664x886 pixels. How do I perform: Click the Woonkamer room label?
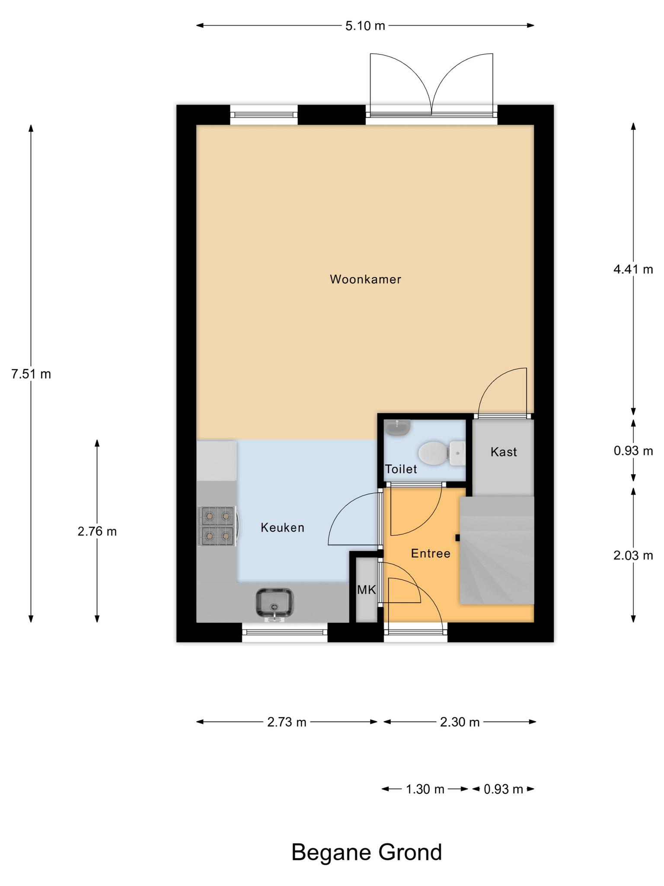tap(365, 279)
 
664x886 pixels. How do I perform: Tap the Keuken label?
tap(283, 528)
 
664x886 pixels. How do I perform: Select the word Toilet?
tap(401, 469)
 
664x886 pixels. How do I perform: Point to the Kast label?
tap(504, 452)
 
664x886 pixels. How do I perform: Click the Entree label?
tap(431, 553)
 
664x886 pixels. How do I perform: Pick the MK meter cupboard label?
tap(367, 590)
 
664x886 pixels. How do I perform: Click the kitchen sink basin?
tap(275, 603)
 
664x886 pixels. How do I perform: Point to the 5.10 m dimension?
tap(365, 26)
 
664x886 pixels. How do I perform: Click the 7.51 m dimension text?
tap(31, 374)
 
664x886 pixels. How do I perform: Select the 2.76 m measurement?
tap(97, 531)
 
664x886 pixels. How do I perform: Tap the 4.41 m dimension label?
tap(633, 270)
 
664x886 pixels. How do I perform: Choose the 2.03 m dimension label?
tap(633, 555)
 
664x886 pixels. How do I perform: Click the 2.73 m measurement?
tap(287, 722)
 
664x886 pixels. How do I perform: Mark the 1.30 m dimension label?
tap(425, 790)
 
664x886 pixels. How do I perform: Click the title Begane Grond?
tap(367, 852)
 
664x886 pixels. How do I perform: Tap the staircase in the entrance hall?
tap(497, 550)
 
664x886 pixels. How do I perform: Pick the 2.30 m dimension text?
tap(460, 722)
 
